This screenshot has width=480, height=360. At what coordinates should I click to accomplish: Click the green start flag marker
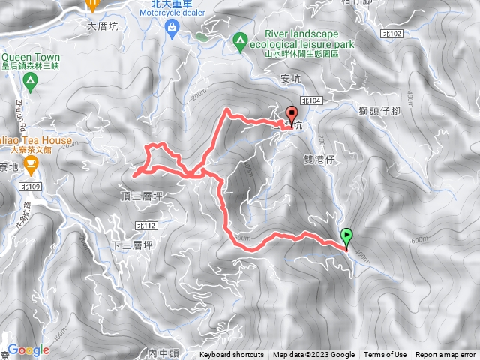[346, 236]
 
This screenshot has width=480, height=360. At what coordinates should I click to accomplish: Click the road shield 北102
[391, 34]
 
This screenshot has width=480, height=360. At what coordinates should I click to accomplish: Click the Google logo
[28, 349]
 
